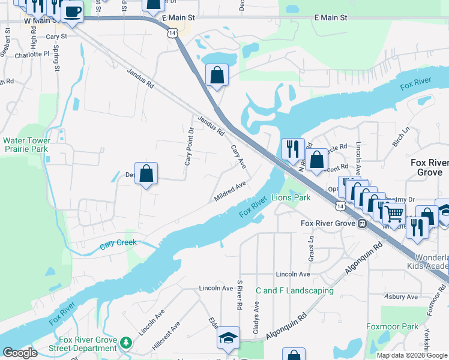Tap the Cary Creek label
tap(118, 243)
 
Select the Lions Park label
tap(291, 197)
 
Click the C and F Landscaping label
tap(294, 290)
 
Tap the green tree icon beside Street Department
tap(125, 342)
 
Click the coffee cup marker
tap(73, 12)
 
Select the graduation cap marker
tap(228, 338)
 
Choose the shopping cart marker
tap(394, 212)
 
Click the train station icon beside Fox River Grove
tap(362, 224)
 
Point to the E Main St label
tap(331, 18)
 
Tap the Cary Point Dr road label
tap(188, 147)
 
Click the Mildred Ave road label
tap(231, 191)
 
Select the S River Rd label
tap(240, 295)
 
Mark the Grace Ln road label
tap(311, 247)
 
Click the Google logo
tap(20, 353)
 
